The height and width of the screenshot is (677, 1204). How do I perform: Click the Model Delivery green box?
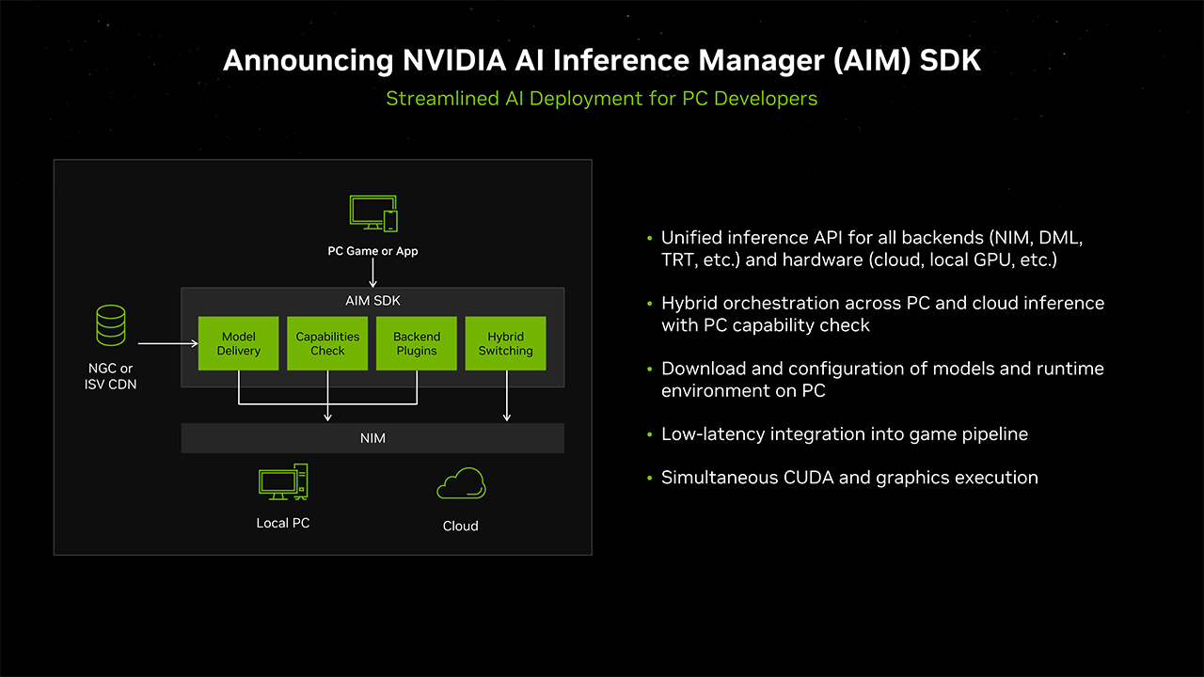(239, 343)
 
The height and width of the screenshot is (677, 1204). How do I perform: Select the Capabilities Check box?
(327, 343)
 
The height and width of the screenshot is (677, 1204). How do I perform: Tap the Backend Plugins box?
(416, 343)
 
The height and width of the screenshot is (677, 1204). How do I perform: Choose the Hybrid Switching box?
(505, 343)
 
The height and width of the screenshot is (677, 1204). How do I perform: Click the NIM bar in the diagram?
(372, 438)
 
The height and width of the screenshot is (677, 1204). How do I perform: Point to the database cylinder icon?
(111, 324)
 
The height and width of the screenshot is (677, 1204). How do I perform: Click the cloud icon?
(461, 484)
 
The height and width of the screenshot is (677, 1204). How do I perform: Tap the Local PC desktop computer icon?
(283, 482)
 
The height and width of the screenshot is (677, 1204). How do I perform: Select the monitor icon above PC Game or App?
(372, 214)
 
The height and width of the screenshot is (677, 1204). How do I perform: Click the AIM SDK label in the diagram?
(372, 301)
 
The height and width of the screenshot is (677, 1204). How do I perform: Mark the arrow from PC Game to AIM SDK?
(373, 273)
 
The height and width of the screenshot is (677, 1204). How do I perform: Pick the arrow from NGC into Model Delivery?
(167, 344)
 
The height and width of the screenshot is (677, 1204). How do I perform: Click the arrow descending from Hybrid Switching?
(507, 395)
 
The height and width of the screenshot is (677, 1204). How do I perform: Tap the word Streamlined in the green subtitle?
(442, 98)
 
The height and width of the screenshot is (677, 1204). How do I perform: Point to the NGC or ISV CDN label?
(109, 376)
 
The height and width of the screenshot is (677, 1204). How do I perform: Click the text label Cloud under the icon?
(461, 526)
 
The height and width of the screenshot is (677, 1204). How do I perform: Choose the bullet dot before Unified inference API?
(649, 238)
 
